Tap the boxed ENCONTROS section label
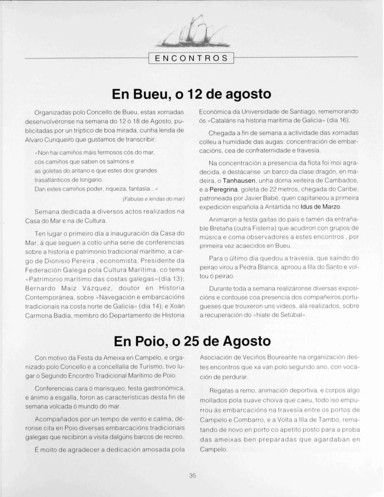(x=191, y=58)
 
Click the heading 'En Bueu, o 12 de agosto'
(x=191, y=94)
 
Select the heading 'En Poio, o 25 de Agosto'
(x=192, y=341)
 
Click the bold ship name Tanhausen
(x=239, y=180)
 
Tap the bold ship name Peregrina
(x=223, y=189)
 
